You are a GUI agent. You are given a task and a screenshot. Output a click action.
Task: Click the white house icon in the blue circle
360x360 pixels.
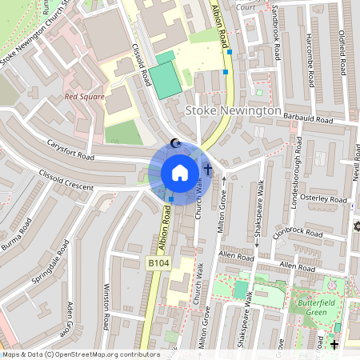(180, 173)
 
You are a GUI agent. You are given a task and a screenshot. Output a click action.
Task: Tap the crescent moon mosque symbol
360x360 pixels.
(177, 144)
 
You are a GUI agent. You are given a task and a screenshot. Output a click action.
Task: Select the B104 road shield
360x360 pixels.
(158, 262)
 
